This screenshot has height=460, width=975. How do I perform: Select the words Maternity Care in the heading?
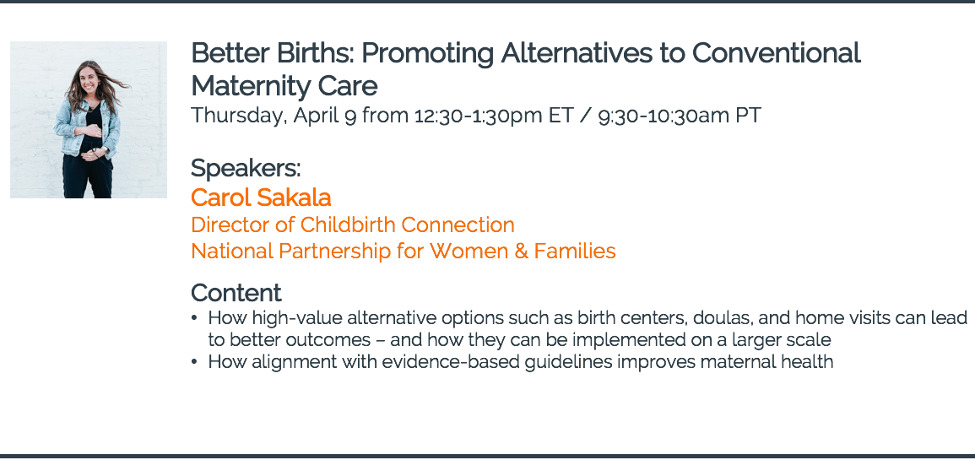coord(284,86)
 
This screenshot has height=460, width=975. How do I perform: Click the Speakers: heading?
coord(246,169)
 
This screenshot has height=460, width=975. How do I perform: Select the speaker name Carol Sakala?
coord(261,198)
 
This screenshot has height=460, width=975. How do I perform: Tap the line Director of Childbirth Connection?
coord(353,225)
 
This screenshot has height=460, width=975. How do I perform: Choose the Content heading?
coord(236,292)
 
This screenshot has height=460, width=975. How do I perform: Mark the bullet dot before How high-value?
coord(195,318)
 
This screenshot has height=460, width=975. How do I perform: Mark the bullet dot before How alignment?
coord(195,361)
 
